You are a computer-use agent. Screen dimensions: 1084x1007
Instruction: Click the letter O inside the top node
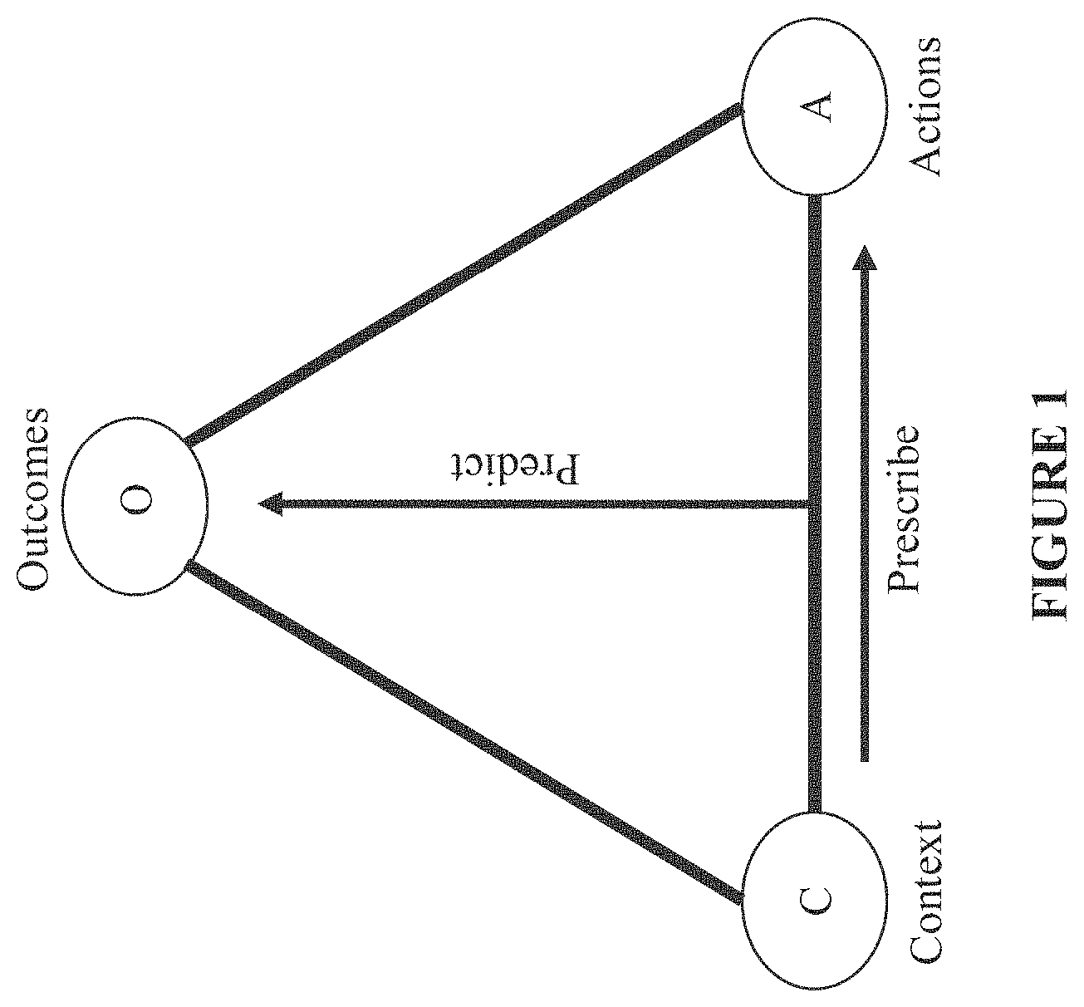click(135, 499)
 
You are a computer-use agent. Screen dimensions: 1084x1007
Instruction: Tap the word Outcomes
click(33, 499)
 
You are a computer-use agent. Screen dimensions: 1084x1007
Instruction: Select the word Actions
click(925, 107)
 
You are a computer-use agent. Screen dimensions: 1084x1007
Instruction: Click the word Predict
click(514, 469)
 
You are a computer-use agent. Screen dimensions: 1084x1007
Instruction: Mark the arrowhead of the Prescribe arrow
click(865, 258)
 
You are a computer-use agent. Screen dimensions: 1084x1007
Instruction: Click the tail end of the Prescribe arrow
click(865, 760)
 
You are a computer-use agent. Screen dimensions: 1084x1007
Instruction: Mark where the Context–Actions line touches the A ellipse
click(814, 195)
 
